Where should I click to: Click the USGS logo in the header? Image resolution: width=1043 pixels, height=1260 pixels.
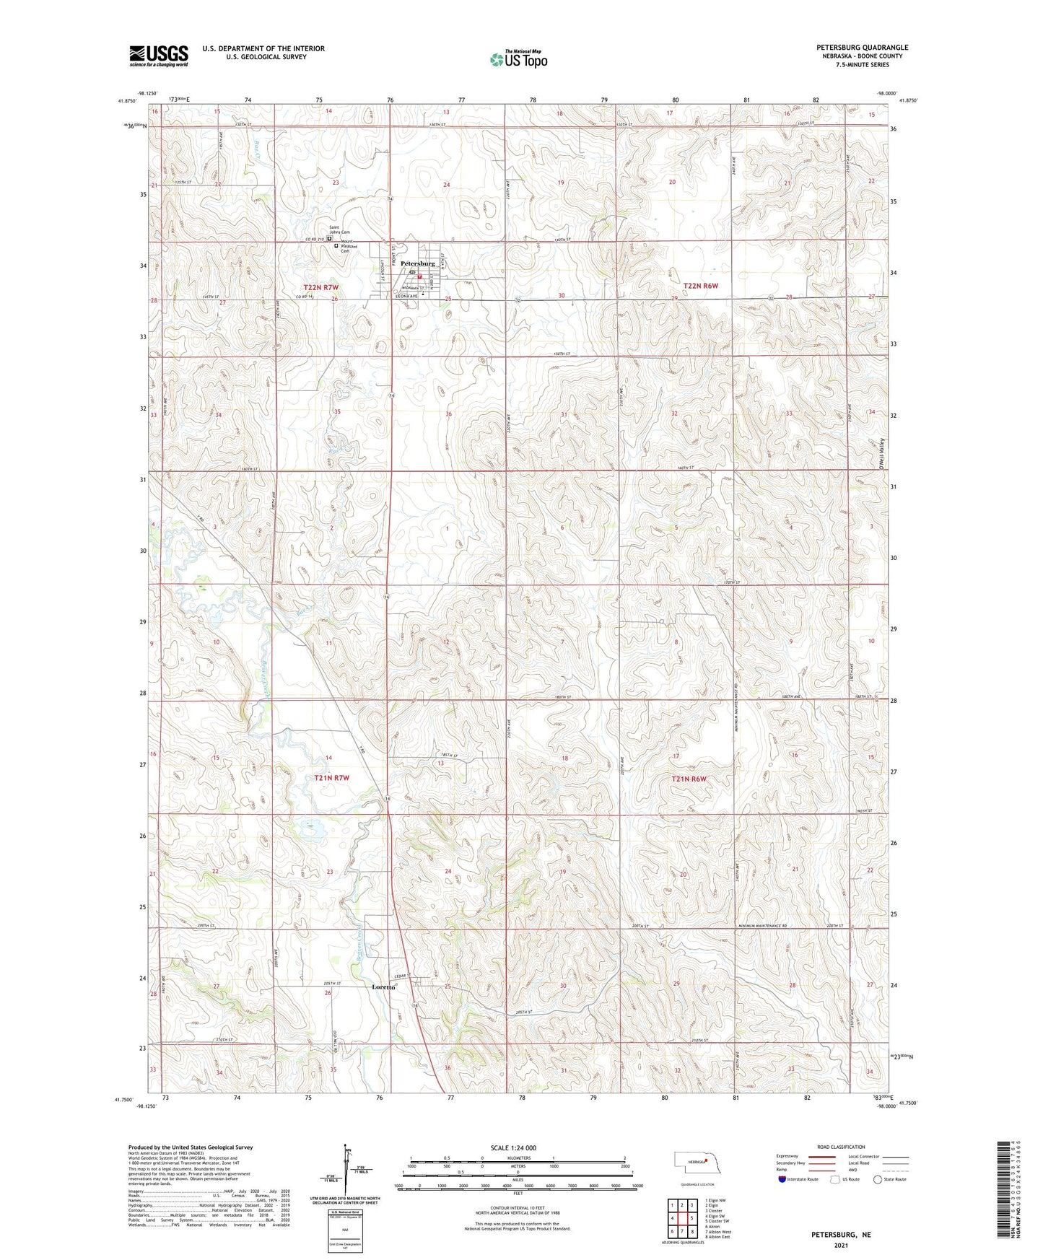pyautogui.click(x=159, y=56)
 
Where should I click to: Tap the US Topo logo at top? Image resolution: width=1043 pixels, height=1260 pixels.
pyautogui.click(x=518, y=59)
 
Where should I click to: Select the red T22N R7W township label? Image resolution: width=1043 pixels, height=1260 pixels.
pyautogui.click(x=320, y=288)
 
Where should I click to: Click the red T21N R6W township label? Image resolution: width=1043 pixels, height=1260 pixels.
pyautogui.click(x=689, y=779)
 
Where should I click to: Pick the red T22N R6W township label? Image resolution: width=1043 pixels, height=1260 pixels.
pyautogui.click(x=701, y=286)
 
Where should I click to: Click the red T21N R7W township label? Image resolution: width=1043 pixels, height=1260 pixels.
pyautogui.click(x=331, y=778)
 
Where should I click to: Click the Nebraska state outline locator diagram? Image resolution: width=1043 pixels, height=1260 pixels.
pyautogui.click(x=692, y=1162)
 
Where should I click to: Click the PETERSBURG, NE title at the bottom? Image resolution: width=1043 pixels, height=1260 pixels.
pyautogui.click(x=841, y=1235)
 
